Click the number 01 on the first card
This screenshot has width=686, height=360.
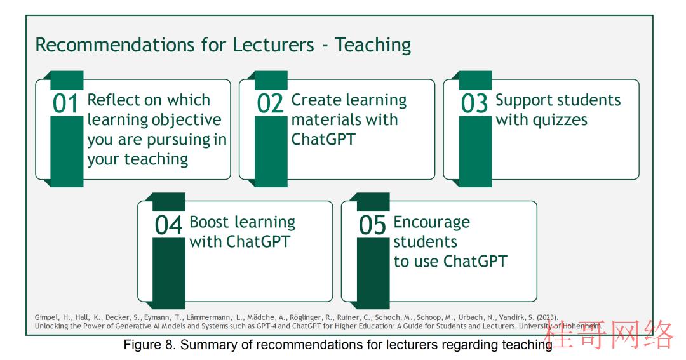tap(65, 103)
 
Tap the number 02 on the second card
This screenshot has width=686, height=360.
tap(270, 103)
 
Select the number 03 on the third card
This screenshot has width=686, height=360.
tap(474, 103)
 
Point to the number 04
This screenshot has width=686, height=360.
tap(168, 225)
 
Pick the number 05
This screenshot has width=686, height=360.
tap(372, 225)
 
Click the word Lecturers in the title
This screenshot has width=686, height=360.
tap(273, 45)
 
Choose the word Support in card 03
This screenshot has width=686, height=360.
tap(521, 100)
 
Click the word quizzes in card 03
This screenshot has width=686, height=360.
tap(560, 120)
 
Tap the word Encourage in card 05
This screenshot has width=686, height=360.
tap(432, 223)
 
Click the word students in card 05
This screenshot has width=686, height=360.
tap(425, 241)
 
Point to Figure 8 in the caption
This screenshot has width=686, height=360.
tap(147, 345)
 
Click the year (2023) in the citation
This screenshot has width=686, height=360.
tap(547, 317)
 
